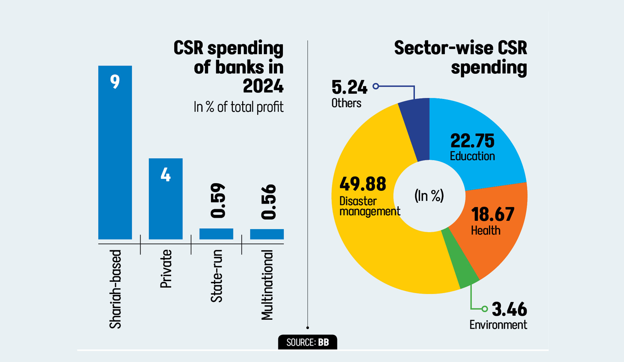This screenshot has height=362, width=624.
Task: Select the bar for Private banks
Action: (x=166, y=205)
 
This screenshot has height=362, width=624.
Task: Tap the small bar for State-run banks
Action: (x=216, y=234)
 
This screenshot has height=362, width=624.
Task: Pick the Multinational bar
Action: (x=267, y=234)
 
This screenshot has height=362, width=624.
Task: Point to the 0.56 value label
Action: (x=268, y=202)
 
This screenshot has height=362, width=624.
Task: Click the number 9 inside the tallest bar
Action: (x=115, y=81)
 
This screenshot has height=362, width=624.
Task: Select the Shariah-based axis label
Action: (x=115, y=289)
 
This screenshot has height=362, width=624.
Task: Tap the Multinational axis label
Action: (x=267, y=285)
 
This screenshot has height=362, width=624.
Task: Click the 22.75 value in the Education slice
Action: (x=472, y=141)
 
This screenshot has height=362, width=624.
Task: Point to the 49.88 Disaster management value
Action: (x=363, y=184)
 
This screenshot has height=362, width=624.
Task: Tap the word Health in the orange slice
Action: (x=486, y=231)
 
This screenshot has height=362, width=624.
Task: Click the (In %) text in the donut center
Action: (x=429, y=196)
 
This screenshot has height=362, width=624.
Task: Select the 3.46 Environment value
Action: (x=509, y=309)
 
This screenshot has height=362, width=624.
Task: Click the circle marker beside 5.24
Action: (x=376, y=86)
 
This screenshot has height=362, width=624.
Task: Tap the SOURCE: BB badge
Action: (x=308, y=342)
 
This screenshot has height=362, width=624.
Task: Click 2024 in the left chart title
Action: (x=263, y=86)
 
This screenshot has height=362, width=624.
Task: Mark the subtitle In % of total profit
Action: (x=238, y=107)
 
